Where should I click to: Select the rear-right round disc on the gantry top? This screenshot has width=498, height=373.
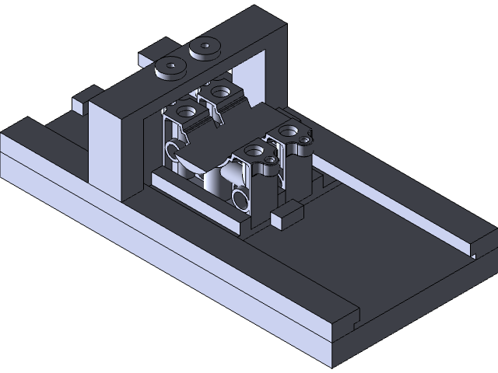coord(206,48)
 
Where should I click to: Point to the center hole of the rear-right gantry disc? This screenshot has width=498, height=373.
coord(206,45)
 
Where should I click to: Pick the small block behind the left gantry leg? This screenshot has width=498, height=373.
coord(81,103)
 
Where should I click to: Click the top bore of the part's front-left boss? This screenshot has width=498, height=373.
coord(187,111)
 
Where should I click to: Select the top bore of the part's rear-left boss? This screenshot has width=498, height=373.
coord(225,92)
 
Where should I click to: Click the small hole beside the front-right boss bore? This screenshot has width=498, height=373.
coord(270,160)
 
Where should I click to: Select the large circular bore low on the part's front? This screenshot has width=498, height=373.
coord(240,201)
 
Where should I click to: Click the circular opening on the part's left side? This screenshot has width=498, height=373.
coord(174,148)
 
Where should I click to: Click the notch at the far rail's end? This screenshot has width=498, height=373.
coord(475,249)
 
